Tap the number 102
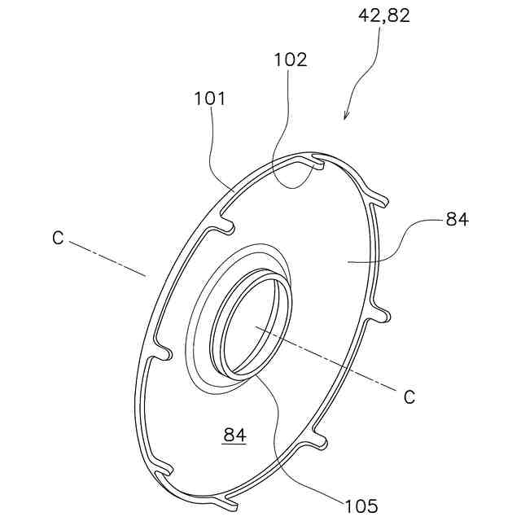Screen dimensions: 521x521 [x=290, y=59]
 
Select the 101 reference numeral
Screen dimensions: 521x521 [x=209, y=99]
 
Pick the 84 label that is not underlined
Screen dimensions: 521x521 [x=457, y=219]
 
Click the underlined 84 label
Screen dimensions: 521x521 [x=234, y=436]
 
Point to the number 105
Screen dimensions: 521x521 [x=361, y=505]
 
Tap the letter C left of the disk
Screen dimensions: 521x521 [x=57, y=238]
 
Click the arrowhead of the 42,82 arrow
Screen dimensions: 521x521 [x=345, y=117]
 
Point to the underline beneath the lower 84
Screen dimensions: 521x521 [x=234, y=444]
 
